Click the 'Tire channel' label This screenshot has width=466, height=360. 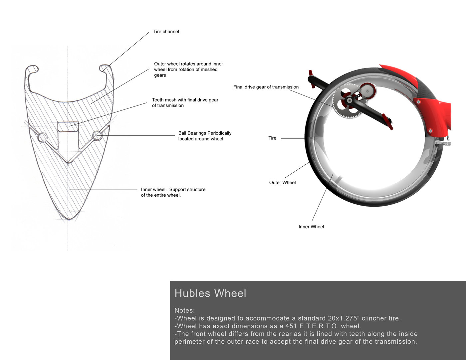[166, 32]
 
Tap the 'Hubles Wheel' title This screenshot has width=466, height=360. [210, 293]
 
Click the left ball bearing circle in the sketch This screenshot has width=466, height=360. [43, 137]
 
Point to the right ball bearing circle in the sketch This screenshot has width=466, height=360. [97, 135]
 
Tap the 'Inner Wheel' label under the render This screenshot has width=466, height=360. [311, 227]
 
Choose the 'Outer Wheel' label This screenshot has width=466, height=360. [282, 182]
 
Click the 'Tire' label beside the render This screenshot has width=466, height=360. [272, 138]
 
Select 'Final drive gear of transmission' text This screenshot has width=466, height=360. [266, 87]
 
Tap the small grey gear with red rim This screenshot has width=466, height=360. [368, 90]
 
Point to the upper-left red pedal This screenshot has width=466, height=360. [312, 79]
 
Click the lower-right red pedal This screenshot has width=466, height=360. [387, 121]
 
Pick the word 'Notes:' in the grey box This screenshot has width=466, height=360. [185, 310]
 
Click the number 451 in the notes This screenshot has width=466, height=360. [291, 326]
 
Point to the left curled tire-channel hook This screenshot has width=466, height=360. [32, 69]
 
